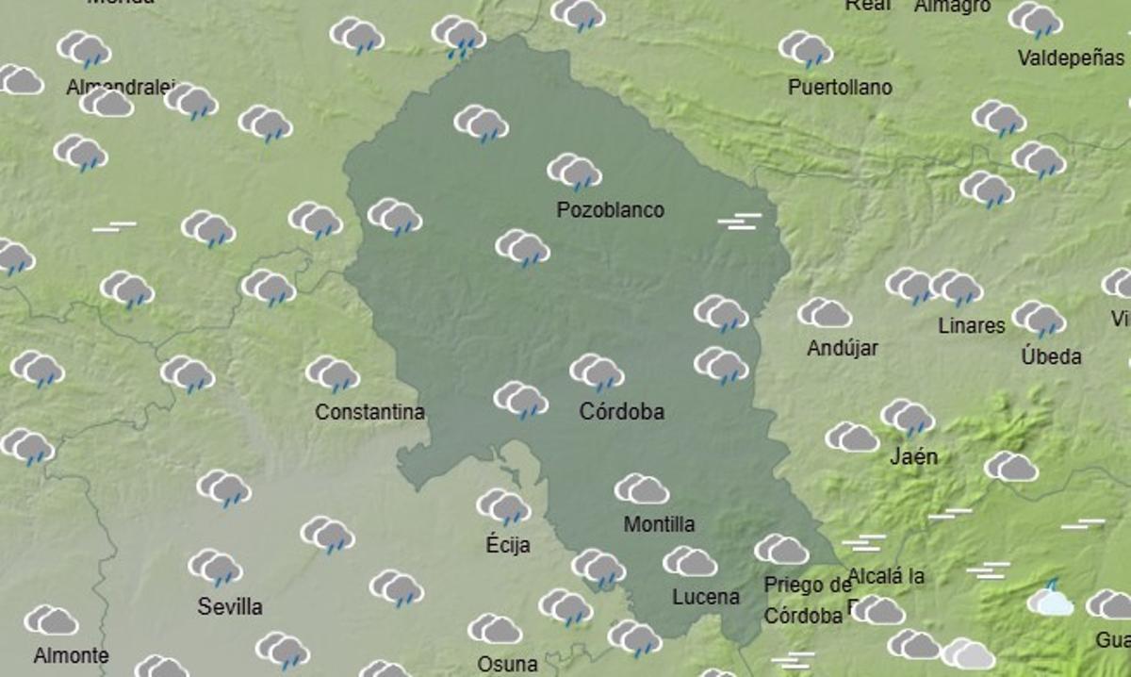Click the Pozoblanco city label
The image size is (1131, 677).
pos(610,210)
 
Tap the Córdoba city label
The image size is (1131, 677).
pos(621,412)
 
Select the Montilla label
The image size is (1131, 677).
pos(659,524)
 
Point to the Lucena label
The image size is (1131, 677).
pos(705,597)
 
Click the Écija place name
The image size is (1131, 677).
pos(508,545)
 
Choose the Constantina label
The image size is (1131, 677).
pos(369,412)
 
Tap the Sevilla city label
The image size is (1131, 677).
pos(229,606)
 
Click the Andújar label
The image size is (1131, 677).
pos(842,348)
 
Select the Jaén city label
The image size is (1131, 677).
pos(913,457)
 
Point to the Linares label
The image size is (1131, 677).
pos(972,326)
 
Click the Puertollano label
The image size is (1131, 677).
pos(840,88)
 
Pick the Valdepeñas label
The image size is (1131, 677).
pos(1071,58)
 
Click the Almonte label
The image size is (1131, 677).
pos(71,655)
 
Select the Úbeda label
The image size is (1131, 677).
pos(1051,357)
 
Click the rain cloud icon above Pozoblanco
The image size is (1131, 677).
pos(574,173)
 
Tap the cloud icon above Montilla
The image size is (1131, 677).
pos(642,489)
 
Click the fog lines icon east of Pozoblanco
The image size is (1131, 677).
pos(740,222)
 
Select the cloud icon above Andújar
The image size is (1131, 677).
pos(824,313)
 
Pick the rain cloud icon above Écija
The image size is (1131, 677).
pos(503,507)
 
